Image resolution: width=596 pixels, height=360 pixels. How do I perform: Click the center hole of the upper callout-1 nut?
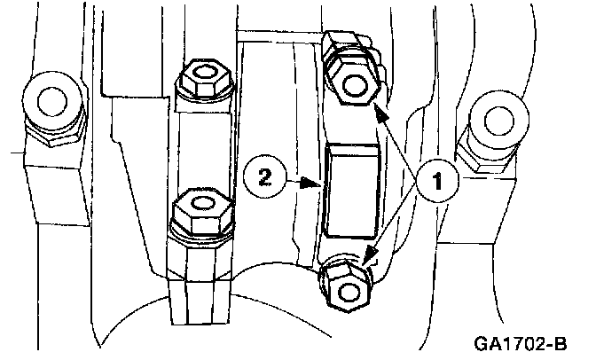pos(355,86)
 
